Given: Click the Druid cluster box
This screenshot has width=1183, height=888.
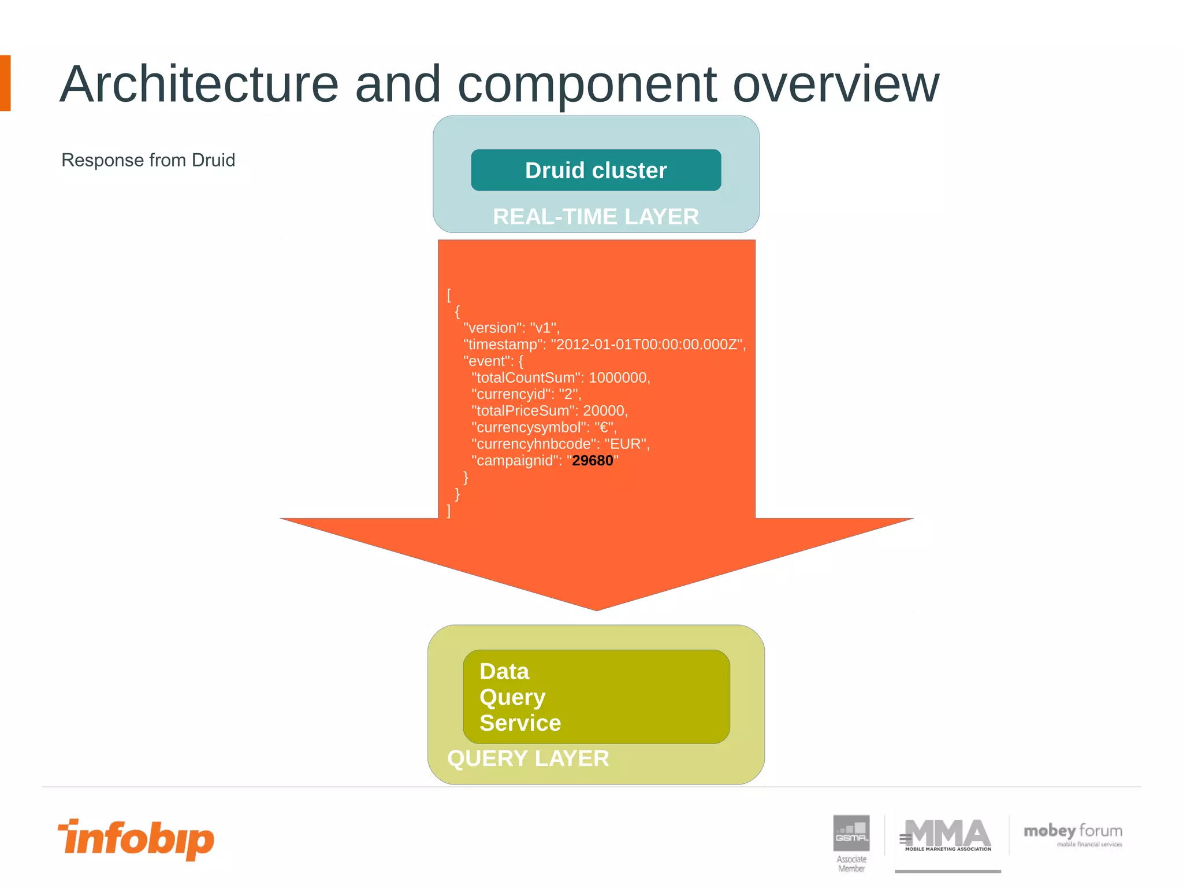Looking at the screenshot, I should (x=596, y=170).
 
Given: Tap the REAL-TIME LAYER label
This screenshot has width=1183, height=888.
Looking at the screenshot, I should (x=596, y=217).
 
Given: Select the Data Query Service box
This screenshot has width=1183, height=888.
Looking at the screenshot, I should (x=596, y=697).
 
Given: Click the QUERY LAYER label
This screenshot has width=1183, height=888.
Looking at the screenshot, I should (x=528, y=758).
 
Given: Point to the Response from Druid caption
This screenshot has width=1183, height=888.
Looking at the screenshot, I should (x=148, y=160).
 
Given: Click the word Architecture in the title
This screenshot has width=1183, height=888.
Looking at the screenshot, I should (x=199, y=84).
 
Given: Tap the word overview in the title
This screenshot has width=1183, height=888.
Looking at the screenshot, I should (x=835, y=84).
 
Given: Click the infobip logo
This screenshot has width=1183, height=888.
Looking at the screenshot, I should (x=136, y=838).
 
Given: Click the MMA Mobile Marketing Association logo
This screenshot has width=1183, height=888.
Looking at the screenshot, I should (x=947, y=836).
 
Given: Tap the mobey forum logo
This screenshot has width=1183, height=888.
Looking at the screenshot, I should (x=1073, y=834).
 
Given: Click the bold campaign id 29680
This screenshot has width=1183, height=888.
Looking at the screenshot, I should (x=592, y=461).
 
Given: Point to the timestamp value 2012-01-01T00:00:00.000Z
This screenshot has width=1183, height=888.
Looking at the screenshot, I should (x=648, y=345).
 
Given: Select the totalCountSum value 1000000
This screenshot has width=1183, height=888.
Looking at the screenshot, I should (x=617, y=378).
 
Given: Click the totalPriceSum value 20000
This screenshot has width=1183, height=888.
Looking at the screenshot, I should (x=604, y=411).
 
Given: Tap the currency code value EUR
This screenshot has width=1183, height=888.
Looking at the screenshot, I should (x=626, y=444).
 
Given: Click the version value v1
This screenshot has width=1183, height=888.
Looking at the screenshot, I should (x=543, y=328).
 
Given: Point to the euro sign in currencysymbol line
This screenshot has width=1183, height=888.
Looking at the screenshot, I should (x=604, y=428).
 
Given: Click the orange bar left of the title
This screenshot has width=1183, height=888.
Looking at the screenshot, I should (x=5, y=83).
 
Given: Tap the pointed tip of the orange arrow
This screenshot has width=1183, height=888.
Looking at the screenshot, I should (x=596, y=608).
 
